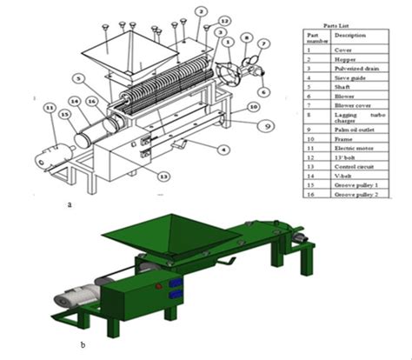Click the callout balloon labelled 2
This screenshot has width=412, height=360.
click(x=200, y=11)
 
